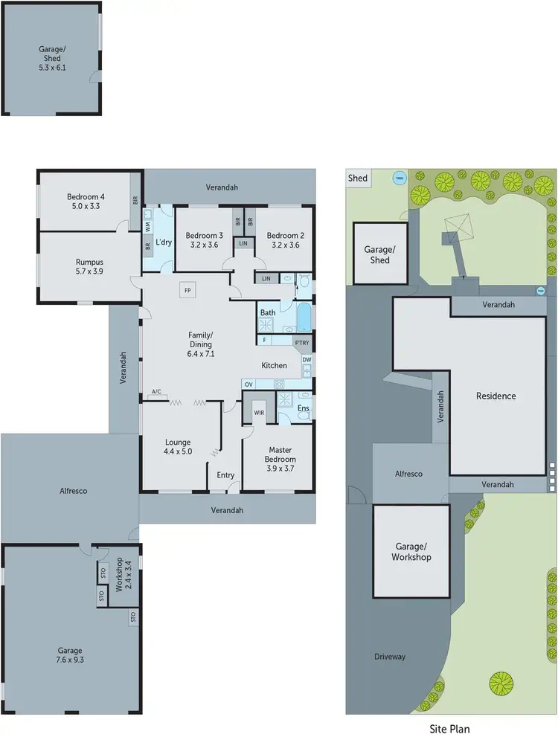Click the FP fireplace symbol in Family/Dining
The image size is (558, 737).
[187, 290]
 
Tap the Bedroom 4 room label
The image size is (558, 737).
[86, 202]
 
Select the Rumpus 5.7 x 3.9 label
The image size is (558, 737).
[89, 267]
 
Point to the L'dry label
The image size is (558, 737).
[164, 242]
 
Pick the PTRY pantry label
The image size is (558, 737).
[301, 342]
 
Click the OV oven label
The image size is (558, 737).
[248, 384]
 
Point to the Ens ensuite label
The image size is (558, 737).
[304, 408]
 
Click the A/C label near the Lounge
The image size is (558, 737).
[156, 391]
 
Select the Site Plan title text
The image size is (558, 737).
[449, 729]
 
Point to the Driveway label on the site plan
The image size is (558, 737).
[390, 657]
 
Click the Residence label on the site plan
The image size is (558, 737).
[496, 396]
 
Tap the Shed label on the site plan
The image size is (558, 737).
[358, 178]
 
